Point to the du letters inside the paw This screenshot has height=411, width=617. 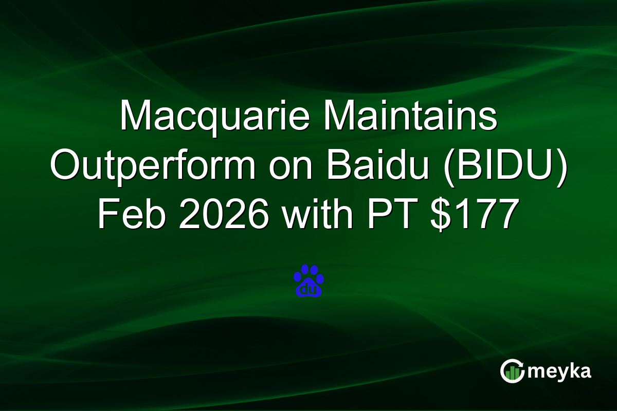[x=308, y=289]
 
